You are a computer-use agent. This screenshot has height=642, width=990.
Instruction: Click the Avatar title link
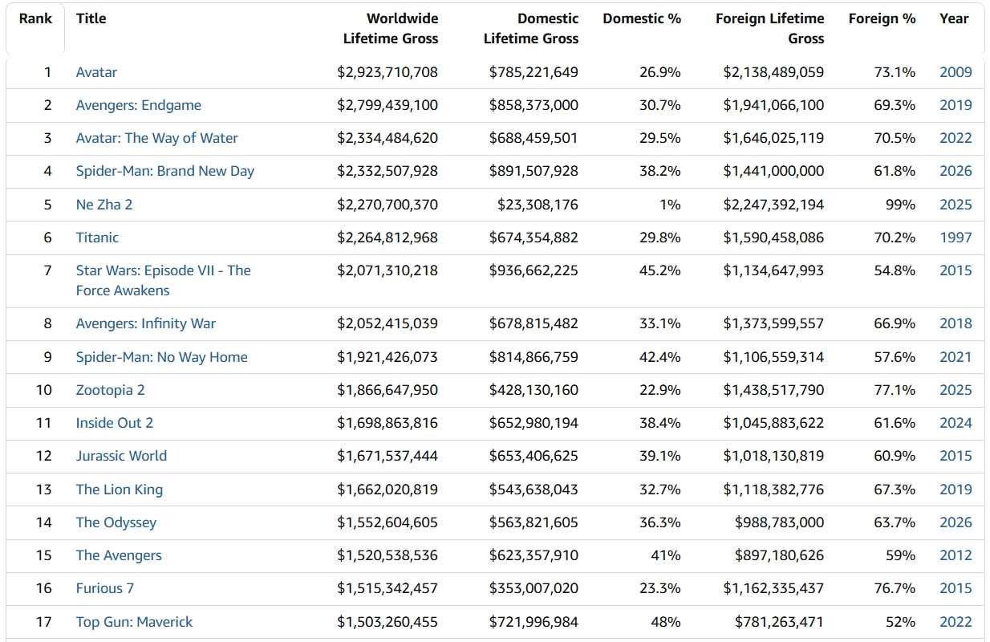(96, 72)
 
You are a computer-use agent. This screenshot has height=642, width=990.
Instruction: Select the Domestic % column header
(642, 18)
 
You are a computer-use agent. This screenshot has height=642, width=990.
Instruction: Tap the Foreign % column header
(882, 18)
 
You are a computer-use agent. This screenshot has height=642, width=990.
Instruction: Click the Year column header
(954, 18)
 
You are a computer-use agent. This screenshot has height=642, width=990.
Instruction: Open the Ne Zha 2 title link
(103, 205)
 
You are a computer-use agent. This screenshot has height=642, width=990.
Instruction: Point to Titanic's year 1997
(956, 238)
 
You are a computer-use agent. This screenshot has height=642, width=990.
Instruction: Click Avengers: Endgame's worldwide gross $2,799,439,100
(387, 105)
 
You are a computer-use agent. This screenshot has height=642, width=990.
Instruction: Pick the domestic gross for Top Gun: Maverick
(534, 622)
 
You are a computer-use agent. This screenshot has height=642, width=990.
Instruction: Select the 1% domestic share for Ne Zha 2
(670, 205)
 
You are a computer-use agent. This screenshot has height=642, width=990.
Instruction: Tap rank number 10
(44, 390)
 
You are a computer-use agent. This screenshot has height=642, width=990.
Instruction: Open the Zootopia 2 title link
(110, 390)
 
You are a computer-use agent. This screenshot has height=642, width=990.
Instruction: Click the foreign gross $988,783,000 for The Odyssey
(779, 522)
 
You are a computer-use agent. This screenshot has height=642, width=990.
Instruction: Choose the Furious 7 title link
(105, 588)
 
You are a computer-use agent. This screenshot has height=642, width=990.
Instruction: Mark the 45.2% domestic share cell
(659, 270)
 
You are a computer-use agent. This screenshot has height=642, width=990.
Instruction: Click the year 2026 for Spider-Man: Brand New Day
(956, 171)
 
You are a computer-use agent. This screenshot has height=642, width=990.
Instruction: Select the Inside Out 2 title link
(115, 423)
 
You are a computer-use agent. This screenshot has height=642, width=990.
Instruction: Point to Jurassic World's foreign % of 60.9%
(895, 456)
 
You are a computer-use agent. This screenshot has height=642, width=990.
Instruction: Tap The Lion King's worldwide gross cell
(387, 490)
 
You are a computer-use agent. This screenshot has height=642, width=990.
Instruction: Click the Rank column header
(35, 18)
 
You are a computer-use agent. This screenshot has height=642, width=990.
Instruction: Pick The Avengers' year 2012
(956, 555)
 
